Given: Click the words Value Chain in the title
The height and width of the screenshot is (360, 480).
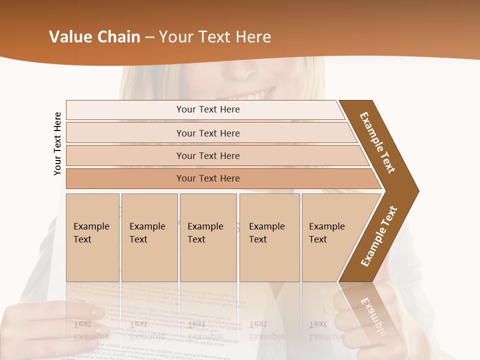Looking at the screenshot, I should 94,37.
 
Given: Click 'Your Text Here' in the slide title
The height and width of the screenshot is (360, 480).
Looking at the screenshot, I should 215,37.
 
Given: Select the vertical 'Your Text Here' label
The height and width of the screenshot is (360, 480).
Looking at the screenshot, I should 57,143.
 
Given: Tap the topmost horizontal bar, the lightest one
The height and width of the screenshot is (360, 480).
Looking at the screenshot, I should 208,109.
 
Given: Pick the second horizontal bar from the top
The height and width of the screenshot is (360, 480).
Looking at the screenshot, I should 208,133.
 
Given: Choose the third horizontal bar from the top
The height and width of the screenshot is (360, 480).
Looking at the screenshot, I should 208,155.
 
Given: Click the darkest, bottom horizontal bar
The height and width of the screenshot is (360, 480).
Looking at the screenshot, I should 208,178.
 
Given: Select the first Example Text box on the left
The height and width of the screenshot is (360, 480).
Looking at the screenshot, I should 92,237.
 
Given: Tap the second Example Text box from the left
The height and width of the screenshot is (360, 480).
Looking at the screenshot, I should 149,237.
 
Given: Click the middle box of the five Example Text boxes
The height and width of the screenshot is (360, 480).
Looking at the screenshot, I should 208,237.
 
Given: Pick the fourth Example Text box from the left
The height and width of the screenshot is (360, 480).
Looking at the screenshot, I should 269,237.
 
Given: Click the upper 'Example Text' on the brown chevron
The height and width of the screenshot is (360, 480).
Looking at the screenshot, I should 377,142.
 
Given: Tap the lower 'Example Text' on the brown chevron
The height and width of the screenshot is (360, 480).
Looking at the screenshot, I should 379,236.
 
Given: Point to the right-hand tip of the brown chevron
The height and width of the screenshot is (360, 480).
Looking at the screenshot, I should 417,190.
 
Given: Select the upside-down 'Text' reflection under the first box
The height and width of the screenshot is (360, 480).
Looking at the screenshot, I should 82,324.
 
